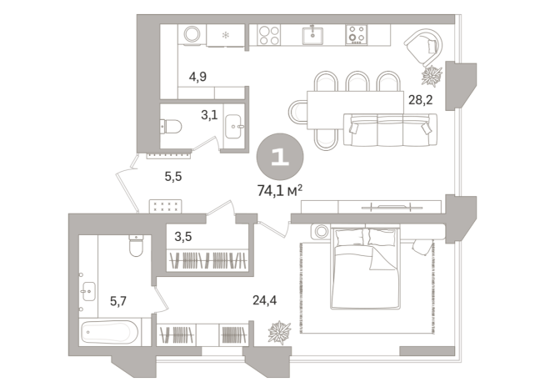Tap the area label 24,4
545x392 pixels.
(265, 301)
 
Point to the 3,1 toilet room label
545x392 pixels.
(208, 115)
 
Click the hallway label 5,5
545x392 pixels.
(173, 176)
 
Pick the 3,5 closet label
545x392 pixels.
(183, 236)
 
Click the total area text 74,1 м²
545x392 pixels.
(278, 189)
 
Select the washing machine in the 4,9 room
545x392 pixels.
(192, 35)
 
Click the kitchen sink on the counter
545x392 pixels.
(314, 35)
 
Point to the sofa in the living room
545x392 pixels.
(389, 128)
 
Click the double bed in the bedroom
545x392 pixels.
(367, 268)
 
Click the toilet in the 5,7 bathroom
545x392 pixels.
(136, 248)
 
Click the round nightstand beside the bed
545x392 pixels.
(322, 231)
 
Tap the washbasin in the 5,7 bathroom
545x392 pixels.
(91, 292)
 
